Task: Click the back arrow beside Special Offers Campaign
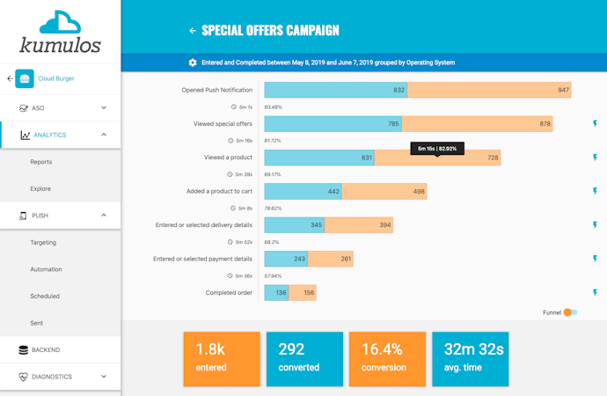[193, 31]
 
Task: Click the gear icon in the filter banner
[193, 62]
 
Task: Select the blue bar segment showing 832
[335, 90]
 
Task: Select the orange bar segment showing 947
[489, 90]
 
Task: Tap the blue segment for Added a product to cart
[303, 191]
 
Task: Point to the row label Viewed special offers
[223, 124]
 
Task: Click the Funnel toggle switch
[571, 312]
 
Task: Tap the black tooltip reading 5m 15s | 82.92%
[437, 149]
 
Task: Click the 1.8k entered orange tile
[221, 358]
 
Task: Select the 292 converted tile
[304, 358]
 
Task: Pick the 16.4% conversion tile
[387, 358]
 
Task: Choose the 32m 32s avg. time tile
[471, 358]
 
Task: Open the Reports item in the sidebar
[40, 162]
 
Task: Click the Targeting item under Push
[43, 242]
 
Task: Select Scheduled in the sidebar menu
[45, 296]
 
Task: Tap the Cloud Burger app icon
[25, 78]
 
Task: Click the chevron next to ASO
[104, 108]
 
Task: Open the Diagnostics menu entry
[52, 377]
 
